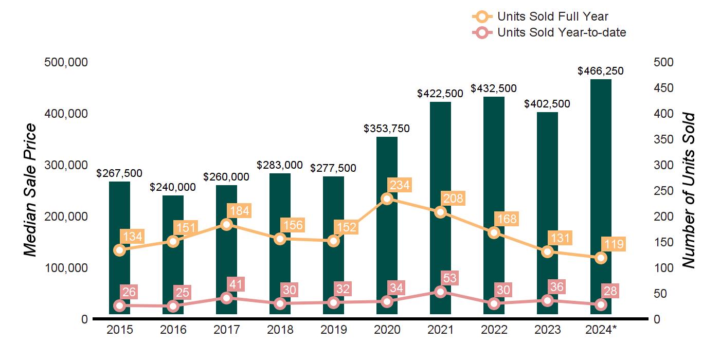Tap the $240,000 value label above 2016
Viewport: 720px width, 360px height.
click(173, 187)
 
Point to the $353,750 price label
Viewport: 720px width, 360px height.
click(387, 129)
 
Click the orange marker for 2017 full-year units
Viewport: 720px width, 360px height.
click(226, 224)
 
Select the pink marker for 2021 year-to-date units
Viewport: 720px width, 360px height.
click(440, 292)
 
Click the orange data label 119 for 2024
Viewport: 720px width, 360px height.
click(613, 244)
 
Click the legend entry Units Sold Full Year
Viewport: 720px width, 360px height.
click(552, 16)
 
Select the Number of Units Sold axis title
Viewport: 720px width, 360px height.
click(689, 190)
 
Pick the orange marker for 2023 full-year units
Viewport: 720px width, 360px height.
click(547, 251)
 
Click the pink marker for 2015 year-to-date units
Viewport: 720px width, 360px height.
click(119, 305)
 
